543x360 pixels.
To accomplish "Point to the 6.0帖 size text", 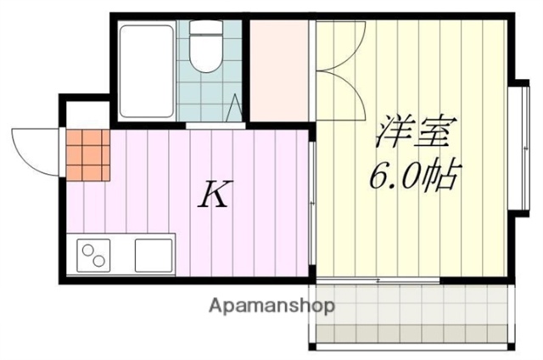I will point(413,176).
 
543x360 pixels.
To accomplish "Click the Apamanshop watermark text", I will point(271,304).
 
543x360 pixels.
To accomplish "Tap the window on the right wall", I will point(518,149).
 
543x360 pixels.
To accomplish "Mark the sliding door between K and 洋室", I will point(313,204).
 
